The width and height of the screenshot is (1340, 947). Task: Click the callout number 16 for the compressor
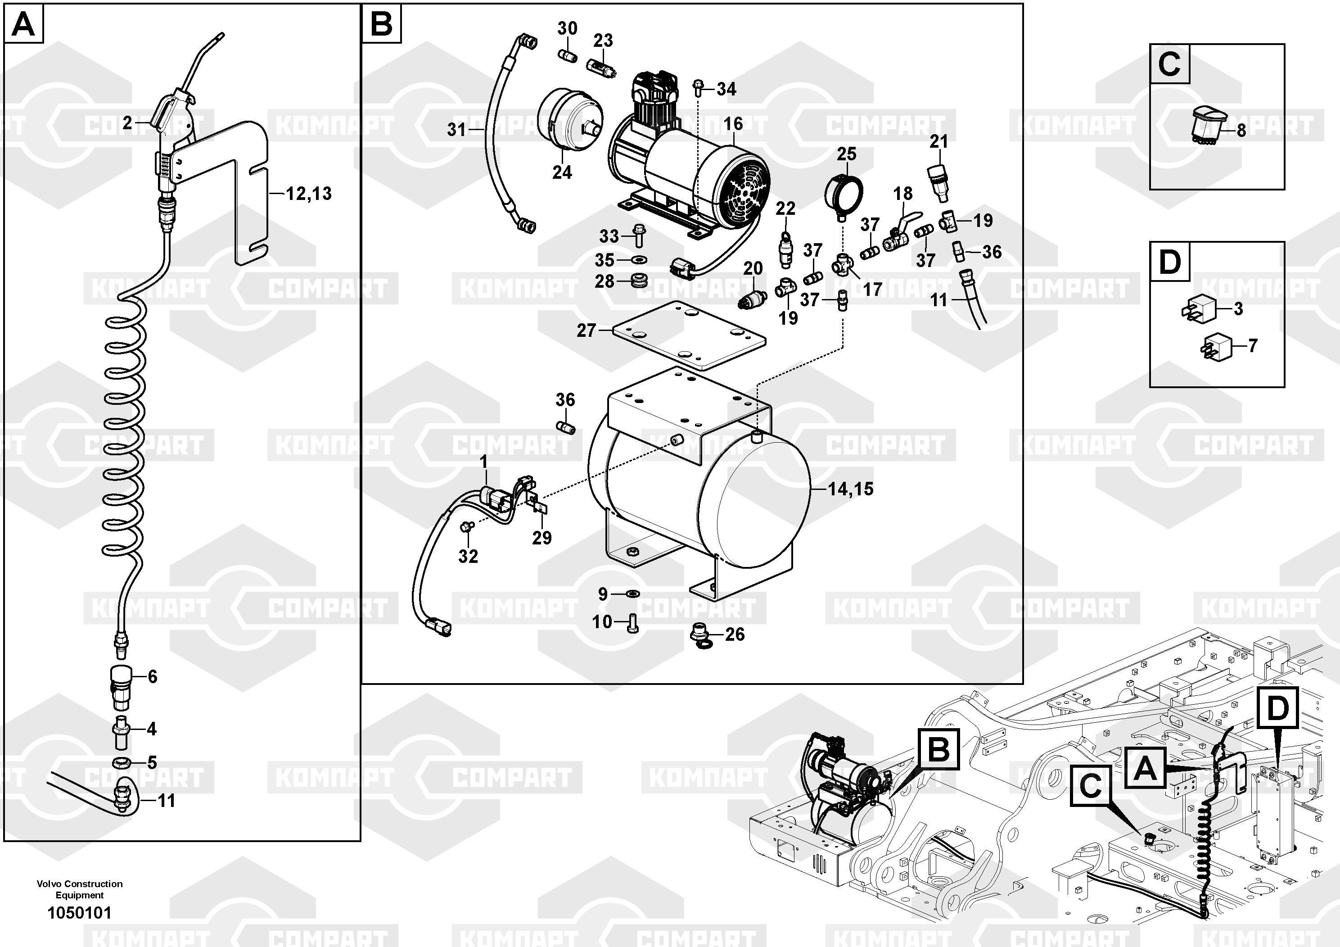pyautogui.click(x=733, y=124)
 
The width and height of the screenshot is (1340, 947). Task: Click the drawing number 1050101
pyautogui.click(x=79, y=913)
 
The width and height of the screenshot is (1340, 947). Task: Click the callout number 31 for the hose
pyautogui.click(x=456, y=129)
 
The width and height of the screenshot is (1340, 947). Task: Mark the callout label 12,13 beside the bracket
pyautogui.click(x=309, y=193)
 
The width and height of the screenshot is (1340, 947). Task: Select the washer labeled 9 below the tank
pyautogui.click(x=632, y=594)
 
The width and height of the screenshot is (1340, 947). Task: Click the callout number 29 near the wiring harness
pyautogui.click(x=541, y=538)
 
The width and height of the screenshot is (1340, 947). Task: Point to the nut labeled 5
pyautogui.click(x=122, y=762)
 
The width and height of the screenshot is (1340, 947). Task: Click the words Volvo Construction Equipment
pyautogui.click(x=79, y=889)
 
